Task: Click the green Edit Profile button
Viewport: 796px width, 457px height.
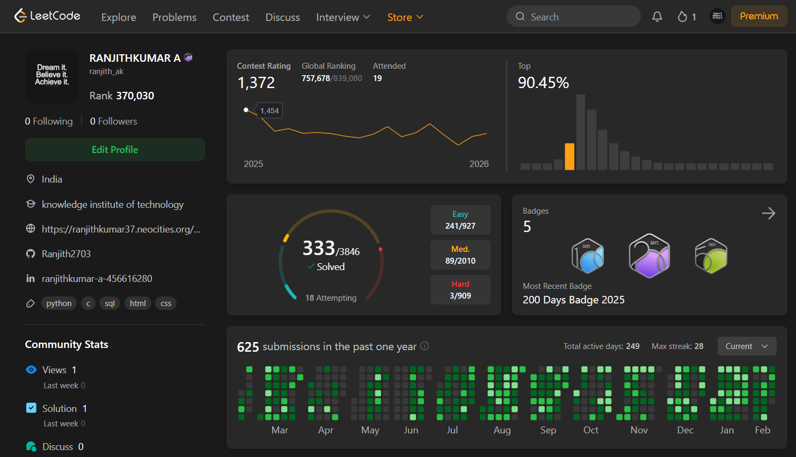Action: tap(115, 150)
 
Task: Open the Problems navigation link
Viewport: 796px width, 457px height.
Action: tap(174, 17)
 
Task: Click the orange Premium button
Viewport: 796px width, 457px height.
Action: tap(758, 16)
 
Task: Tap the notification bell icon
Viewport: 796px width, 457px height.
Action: tap(657, 17)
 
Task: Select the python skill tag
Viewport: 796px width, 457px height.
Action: tap(59, 303)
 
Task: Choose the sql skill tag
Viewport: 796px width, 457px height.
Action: tap(109, 303)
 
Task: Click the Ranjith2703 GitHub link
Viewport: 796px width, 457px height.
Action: tap(66, 254)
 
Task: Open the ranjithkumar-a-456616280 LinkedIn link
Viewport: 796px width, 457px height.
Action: tap(97, 279)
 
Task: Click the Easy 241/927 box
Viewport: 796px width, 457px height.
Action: tap(460, 220)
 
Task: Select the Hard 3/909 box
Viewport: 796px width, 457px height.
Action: tap(460, 290)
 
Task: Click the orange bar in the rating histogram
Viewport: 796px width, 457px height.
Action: tap(569, 157)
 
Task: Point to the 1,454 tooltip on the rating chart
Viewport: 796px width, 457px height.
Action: tap(269, 111)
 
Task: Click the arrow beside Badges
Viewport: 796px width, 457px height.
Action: tap(768, 213)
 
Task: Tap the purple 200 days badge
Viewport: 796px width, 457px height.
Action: tap(649, 256)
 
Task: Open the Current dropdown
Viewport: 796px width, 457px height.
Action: tap(747, 346)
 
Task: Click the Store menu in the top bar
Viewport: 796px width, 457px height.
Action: tap(405, 17)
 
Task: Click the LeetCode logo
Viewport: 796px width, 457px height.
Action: tap(47, 16)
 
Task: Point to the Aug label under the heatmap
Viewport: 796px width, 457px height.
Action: tap(502, 430)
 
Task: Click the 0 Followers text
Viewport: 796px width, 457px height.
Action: tap(113, 121)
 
